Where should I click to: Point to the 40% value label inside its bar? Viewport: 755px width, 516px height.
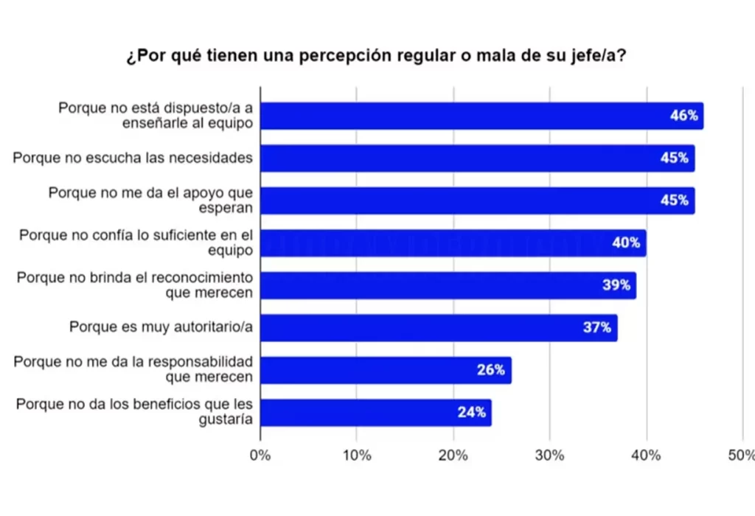pyautogui.click(x=625, y=243)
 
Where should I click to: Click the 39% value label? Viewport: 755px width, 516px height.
pyautogui.click(x=616, y=285)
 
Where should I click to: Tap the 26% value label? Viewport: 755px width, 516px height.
pyautogui.click(x=490, y=370)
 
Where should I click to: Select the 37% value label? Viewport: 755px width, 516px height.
pyautogui.click(x=596, y=327)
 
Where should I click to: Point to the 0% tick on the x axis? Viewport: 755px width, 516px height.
pyautogui.click(x=260, y=455)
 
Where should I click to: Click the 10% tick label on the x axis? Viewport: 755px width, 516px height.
pyautogui.click(x=357, y=455)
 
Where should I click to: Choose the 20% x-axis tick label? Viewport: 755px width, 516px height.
pyautogui.click(x=453, y=455)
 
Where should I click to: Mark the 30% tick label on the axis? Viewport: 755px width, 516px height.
pyautogui.click(x=550, y=455)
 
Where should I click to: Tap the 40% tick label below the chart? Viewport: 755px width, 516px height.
pyautogui.click(x=647, y=455)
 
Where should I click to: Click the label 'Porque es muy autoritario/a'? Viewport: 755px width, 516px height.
pyautogui.click(x=161, y=327)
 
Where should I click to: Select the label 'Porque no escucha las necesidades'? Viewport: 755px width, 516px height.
pyautogui.click(x=133, y=157)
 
